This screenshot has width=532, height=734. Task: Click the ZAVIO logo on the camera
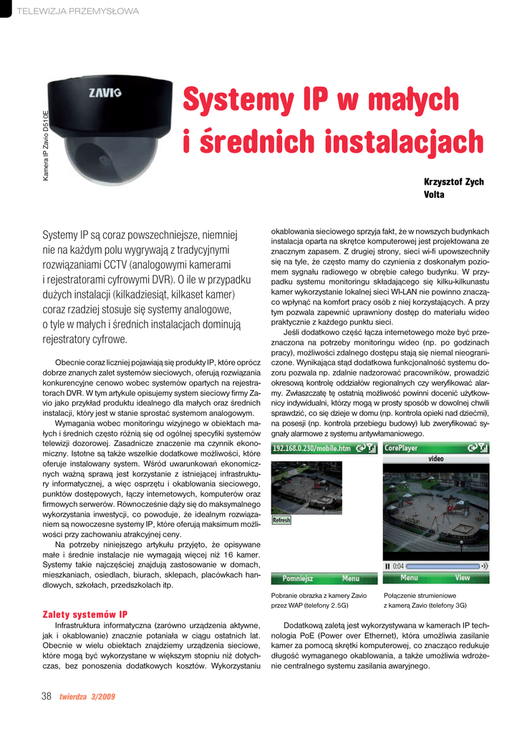point(105,92)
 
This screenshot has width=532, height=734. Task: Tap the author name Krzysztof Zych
point(454,182)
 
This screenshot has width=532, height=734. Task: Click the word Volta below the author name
point(434,195)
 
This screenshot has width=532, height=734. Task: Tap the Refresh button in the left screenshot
point(281,520)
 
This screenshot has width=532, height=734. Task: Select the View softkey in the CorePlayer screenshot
point(463,578)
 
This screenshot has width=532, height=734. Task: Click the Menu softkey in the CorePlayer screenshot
point(409,578)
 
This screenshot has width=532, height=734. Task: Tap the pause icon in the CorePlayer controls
point(387,566)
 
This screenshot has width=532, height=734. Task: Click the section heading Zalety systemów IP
point(85,614)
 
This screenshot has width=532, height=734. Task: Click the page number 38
point(47,696)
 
